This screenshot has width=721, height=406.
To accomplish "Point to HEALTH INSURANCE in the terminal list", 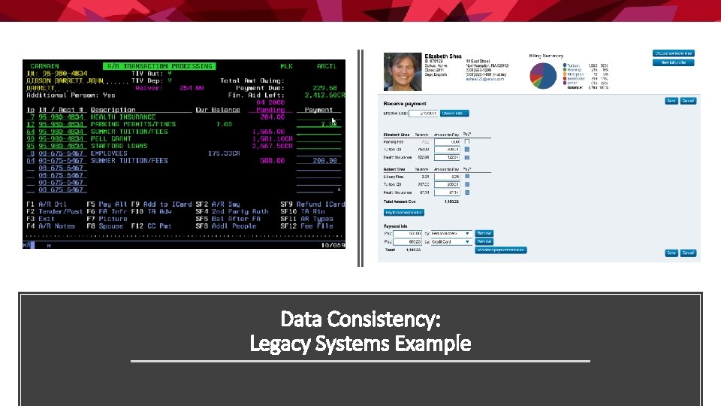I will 123,117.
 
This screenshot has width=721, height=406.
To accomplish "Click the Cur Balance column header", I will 217,110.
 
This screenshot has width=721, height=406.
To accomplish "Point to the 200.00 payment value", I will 324,161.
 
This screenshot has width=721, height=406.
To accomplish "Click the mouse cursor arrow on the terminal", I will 334,120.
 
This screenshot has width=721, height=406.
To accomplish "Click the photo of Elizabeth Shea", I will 403,72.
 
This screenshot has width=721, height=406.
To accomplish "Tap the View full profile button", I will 673,63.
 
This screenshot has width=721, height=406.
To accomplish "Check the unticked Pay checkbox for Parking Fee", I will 467,141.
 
